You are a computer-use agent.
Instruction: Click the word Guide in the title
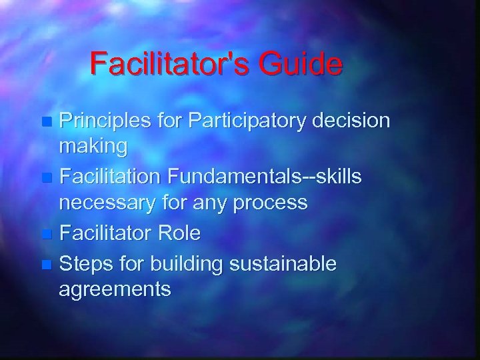click(305, 64)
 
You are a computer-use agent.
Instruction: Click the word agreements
click(115, 291)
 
